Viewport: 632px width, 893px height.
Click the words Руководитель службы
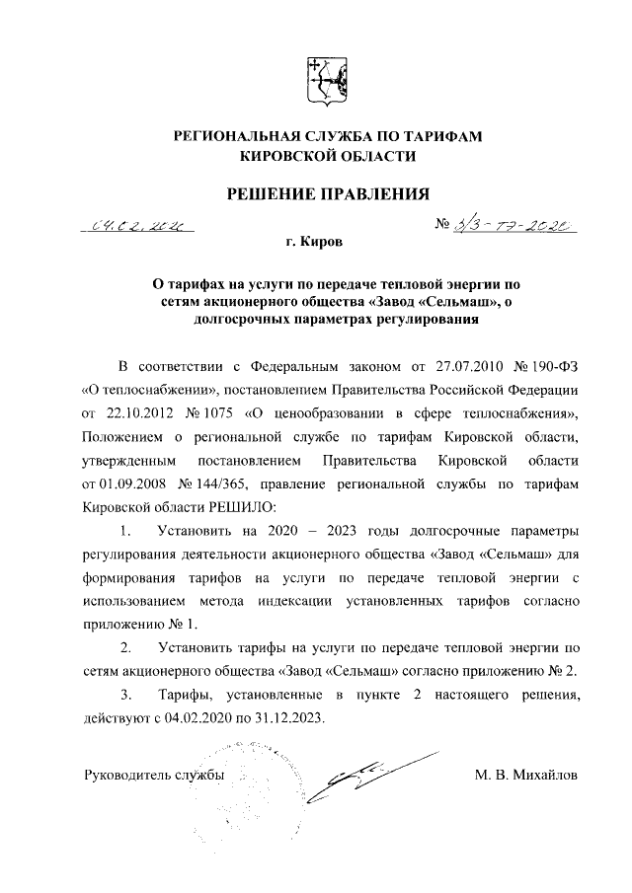click(x=154, y=775)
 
